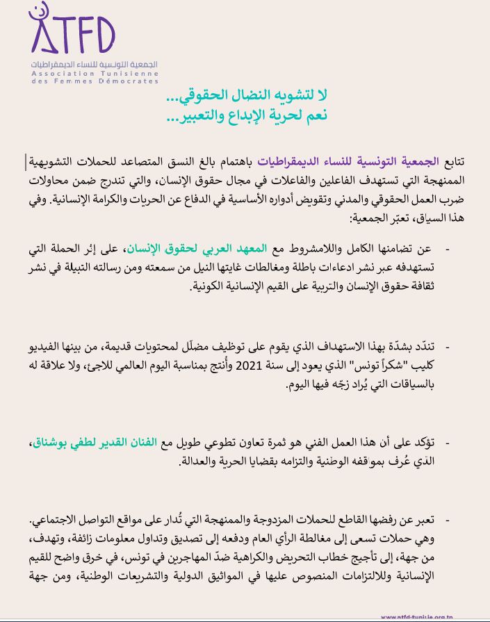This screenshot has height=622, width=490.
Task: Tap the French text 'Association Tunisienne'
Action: [x=95, y=72]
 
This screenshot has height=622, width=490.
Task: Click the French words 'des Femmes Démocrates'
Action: [x=95, y=81]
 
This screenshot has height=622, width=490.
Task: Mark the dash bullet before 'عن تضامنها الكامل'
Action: [x=447, y=250]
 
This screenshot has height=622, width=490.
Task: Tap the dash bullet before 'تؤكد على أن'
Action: [x=447, y=443]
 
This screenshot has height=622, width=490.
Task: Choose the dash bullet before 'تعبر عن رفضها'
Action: [x=447, y=521]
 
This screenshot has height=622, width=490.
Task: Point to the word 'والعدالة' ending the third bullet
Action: [x=197, y=461]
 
